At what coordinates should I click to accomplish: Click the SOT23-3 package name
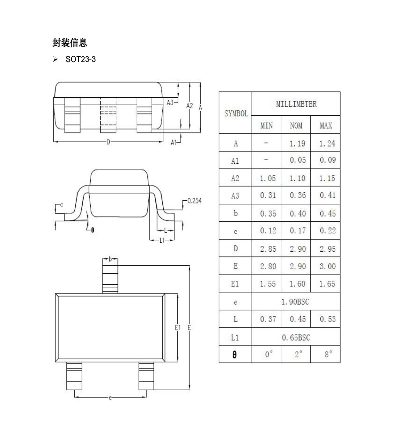[81, 59]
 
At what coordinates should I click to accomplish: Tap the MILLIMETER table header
[296, 104]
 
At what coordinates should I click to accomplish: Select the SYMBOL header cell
[236, 114]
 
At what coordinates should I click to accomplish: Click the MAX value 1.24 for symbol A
[327, 144]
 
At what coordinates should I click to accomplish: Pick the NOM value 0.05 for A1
[297, 160]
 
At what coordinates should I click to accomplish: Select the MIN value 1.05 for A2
[268, 178]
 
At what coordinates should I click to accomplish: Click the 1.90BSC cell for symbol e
[295, 302]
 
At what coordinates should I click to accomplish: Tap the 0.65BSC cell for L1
[296, 337]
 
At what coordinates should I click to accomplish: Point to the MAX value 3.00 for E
[327, 266]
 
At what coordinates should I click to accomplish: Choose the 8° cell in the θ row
[328, 354]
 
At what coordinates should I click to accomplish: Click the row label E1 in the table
[235, 284]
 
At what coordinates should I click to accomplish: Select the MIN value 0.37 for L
[268, 319]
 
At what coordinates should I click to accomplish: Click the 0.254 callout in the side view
[194, 201]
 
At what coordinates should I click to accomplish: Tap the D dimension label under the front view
[108, 142]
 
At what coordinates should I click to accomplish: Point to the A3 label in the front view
[170, 103]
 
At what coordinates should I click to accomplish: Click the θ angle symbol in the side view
[92, 231]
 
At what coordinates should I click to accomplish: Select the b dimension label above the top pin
[110, 259]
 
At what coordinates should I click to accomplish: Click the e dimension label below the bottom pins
[110, 398]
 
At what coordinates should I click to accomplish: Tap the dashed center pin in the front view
[108, 115]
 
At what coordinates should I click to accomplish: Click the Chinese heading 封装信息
[70, 43]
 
